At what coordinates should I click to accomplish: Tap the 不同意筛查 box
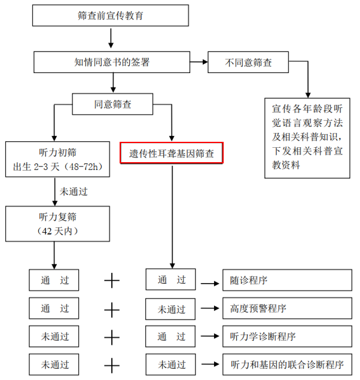[248, 62]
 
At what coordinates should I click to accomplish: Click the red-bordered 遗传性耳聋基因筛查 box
[172, 153]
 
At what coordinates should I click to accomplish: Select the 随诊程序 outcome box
[286, 280]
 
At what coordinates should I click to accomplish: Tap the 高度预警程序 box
[286, 308]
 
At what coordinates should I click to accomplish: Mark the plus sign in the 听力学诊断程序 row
[112, 336]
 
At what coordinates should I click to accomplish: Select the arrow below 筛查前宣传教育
[111, 39]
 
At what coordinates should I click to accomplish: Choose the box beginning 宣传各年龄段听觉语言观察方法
[307, 137]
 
